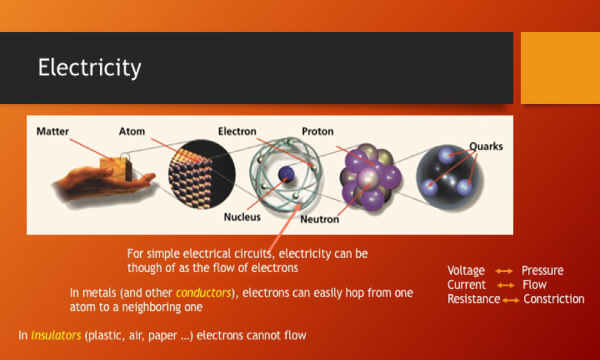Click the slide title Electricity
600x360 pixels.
[89, 68]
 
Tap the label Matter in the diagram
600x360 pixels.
[53, 131]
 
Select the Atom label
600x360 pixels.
[132, 131]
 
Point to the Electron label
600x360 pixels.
[237, 131]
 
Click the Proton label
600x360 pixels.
[317, 131]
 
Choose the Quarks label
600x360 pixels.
[486, 147]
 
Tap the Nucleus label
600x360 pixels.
[242, 217]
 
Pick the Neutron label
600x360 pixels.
[319, 219]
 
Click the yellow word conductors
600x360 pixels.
[203, 293]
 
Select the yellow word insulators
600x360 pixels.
[56, 335]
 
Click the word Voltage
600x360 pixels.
[466, 271]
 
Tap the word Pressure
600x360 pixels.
[543, 271]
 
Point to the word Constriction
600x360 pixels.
[554, 299]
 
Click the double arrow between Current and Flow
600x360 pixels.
[506, 285]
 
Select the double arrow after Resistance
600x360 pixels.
[511, 300]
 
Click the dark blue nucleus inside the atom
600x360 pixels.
[286, 175]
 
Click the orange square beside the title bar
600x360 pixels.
[560, 68]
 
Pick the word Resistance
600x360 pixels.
[474, 299]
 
